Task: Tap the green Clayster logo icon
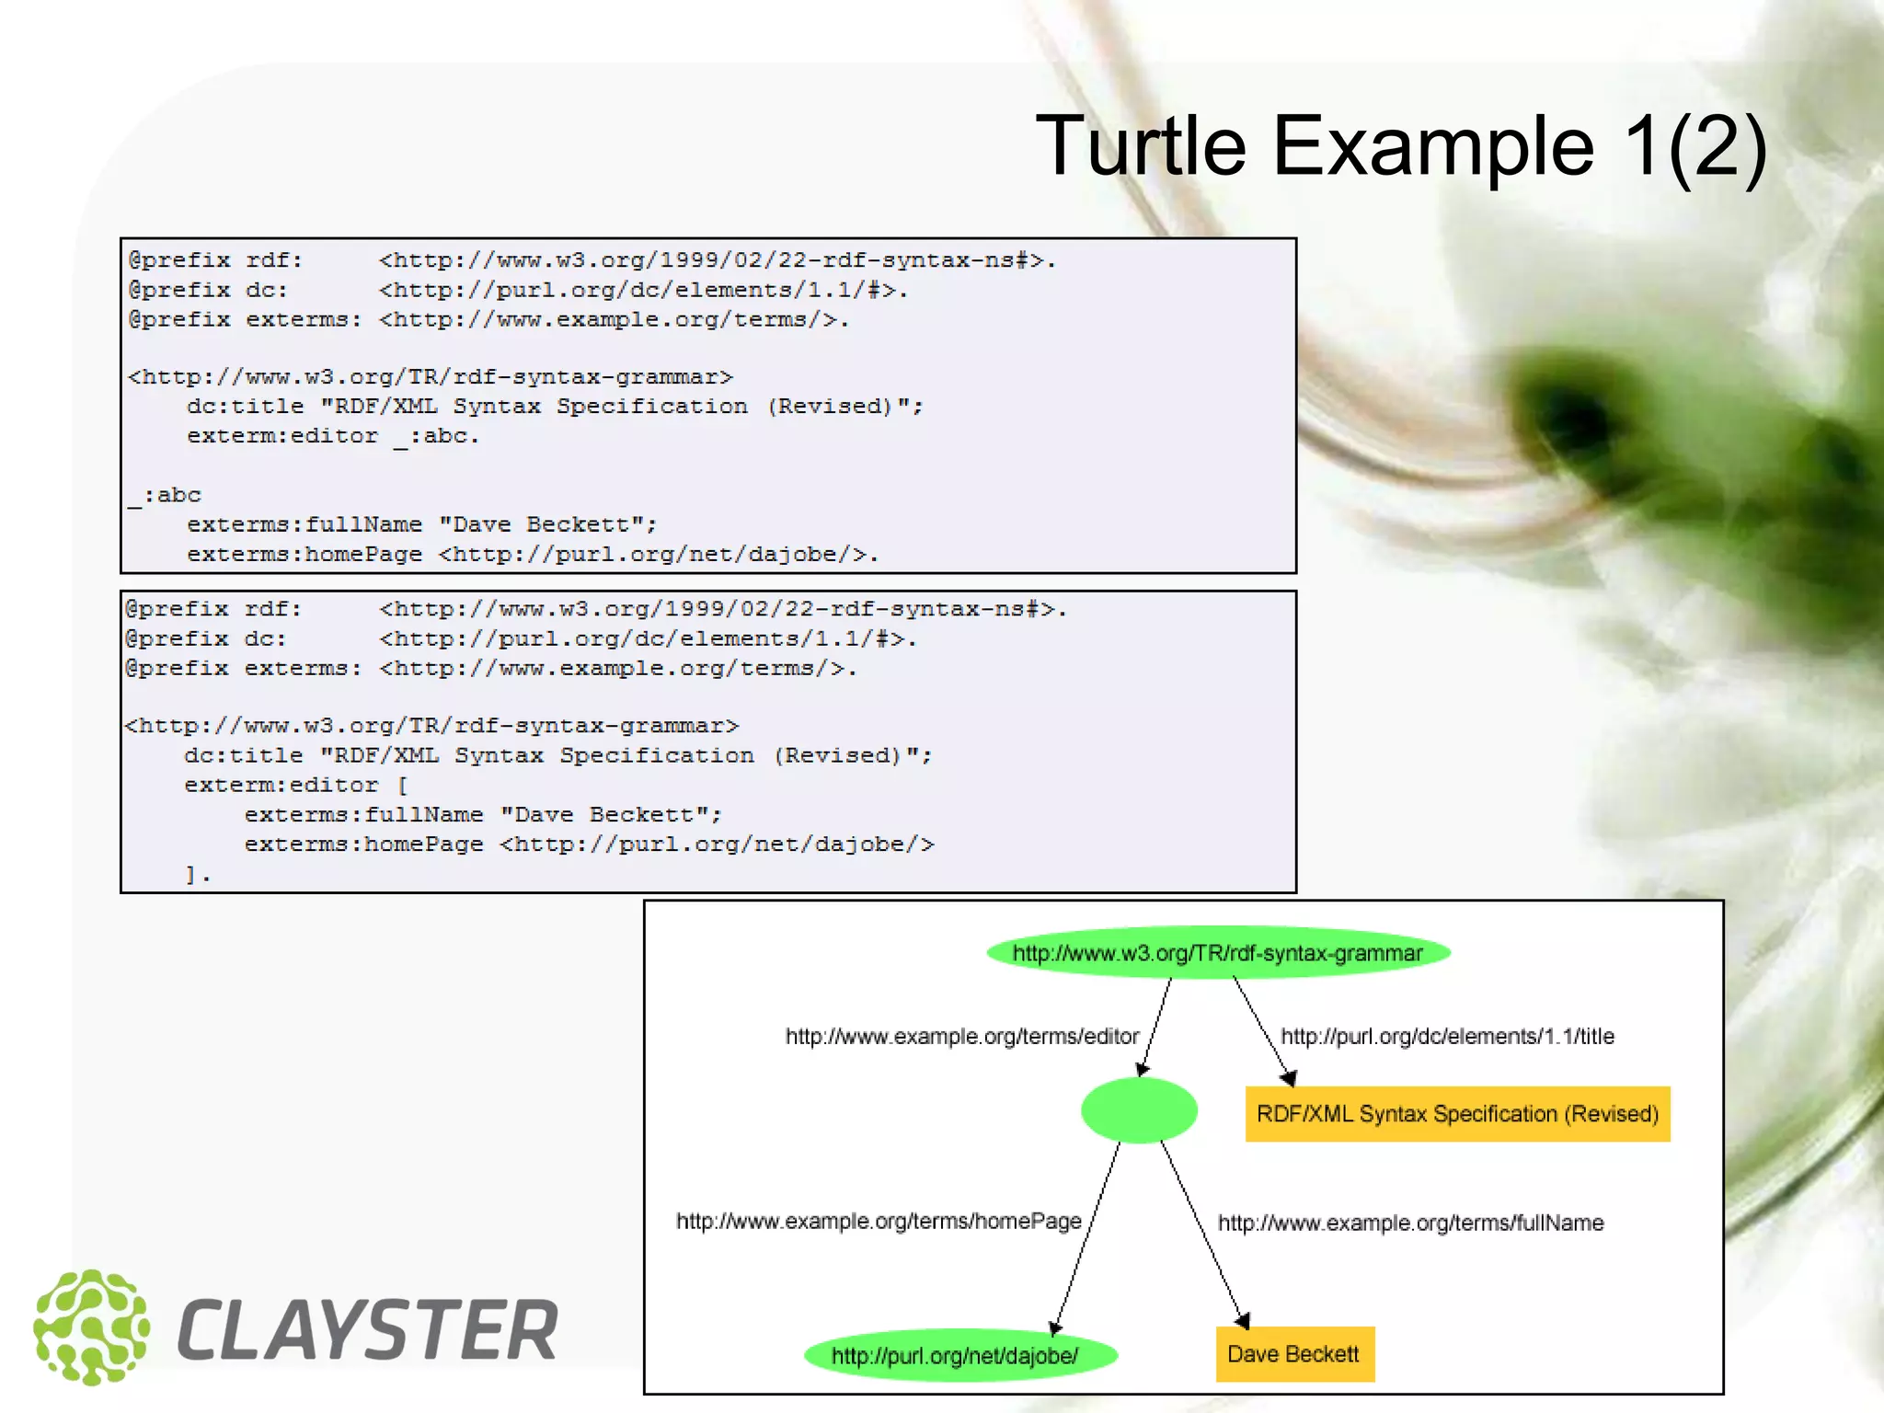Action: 91,1327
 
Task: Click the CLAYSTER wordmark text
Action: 367,1330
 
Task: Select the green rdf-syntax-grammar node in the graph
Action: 1217,953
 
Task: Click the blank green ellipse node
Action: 1139,1110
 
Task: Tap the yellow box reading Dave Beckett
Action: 1294,1354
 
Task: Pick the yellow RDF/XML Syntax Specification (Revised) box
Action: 1457,1114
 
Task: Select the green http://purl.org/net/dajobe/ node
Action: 959,1355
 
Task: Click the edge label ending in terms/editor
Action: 961,1037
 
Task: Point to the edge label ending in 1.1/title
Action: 1447,1037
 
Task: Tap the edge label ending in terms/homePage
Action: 879,1222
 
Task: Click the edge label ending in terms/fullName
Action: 1410,1223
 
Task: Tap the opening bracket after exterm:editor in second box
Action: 402,786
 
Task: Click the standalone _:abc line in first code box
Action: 165,496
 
